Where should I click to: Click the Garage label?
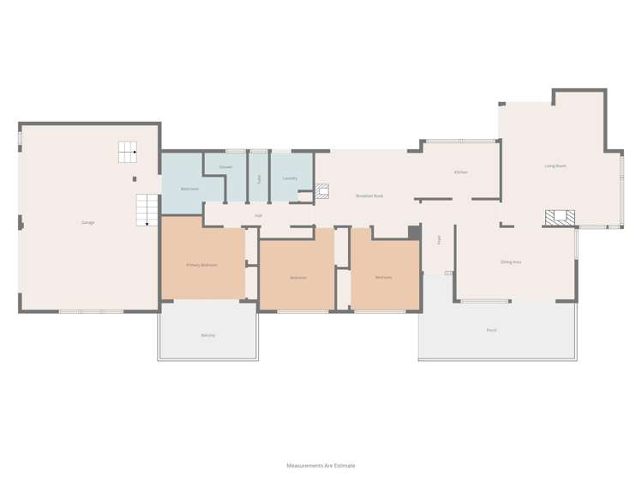click(x=87, y=222)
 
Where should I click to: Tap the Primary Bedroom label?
click(x=201, y=265)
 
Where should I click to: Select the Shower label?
click(x=225, y=166)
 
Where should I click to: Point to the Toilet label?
click(x=258, y=178)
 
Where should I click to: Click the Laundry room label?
click(x=290, y=178)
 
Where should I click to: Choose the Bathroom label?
click(x=189, y=189)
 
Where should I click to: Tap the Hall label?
click(x=258, y=215)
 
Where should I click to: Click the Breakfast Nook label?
click(x=369, y=196)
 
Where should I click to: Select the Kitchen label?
click(x=461, y=172)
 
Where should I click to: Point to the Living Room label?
click(x=555, y=166)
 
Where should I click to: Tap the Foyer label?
click(x=439, y=240)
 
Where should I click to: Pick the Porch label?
click(x=491, y=329)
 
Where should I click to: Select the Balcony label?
click(x=207, y=334)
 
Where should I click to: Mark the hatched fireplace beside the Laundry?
click(x=322, y=190)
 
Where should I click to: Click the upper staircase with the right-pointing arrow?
click(x=127, y=152)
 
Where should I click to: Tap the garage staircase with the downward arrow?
click(x=147, y=209)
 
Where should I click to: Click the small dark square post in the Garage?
click(x=134, y=179)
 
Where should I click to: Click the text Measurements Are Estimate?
click(x=321, y=466)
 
